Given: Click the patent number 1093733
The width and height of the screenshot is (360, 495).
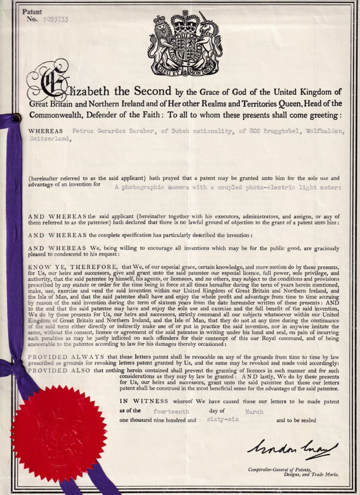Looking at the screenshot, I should click(55, 20).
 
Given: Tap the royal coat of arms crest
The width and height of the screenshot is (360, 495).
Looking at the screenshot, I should click(186, 43).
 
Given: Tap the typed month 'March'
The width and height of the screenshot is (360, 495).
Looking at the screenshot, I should click(254, 412).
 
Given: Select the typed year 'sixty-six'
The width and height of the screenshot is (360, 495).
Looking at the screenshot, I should click(222, 420).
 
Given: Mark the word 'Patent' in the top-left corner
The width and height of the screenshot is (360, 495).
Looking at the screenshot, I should click(32, 11).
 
